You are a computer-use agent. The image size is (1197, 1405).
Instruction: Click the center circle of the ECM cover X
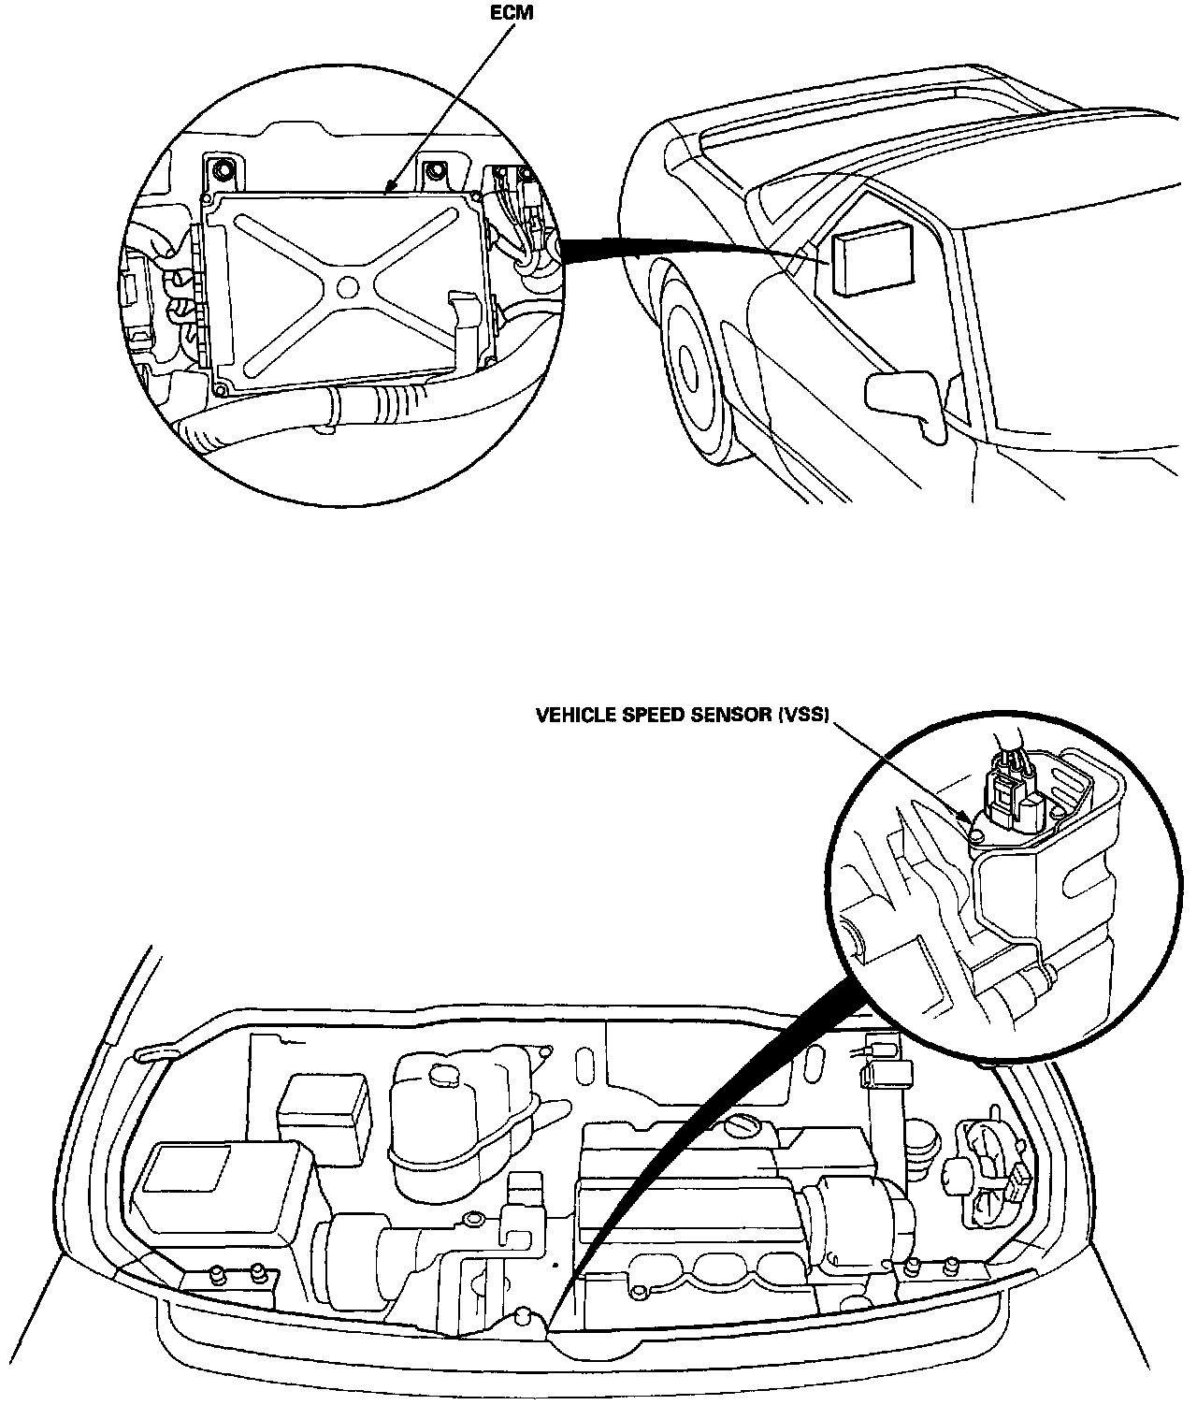(x=349, y=286)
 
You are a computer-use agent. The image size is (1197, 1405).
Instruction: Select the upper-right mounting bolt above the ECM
(x=433, y=170)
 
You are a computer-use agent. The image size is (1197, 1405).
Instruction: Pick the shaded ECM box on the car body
(x=871, y=264)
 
